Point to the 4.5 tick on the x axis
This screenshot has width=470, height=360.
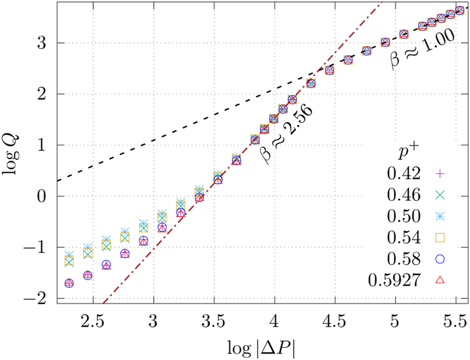pos(334,321)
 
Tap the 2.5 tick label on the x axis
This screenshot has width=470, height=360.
pos(93,321)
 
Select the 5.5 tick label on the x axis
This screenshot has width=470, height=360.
pos(454,321)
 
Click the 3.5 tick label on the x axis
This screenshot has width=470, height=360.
pos(213,321)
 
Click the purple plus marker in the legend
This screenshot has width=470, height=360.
pos(441,174)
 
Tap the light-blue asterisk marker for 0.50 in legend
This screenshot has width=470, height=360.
pos(441,216)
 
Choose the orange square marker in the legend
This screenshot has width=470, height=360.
pos(441,238)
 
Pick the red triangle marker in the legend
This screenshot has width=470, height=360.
pos(441,280)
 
